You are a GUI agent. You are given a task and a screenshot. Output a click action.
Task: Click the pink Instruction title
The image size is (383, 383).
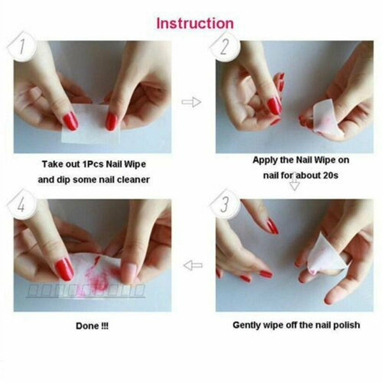click(195, 24)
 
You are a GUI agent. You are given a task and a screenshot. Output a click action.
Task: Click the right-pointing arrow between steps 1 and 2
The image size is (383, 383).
click(191, 102)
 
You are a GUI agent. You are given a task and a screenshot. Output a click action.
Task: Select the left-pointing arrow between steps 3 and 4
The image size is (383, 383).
click(192, 264)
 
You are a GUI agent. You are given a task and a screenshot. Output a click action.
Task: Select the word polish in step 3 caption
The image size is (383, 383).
click(345, 325)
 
